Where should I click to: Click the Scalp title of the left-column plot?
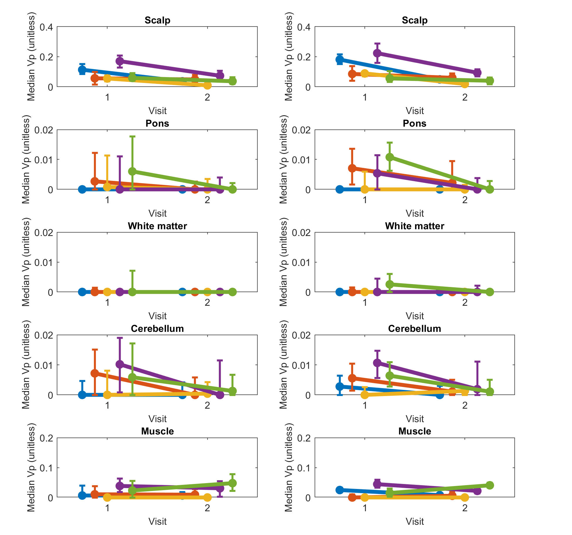(x=157, y=20)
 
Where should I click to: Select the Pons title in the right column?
(x=414, y=123)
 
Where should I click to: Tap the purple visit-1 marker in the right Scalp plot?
(x=377, y=53)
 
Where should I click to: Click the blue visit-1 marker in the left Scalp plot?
(x=82, y=70)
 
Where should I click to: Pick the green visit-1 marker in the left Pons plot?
(x=132, y=171)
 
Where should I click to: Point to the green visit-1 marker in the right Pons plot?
(x=390, y=157)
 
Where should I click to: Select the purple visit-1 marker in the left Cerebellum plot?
(x=120, y=364)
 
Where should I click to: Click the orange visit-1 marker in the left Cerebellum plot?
(x=95, y=373)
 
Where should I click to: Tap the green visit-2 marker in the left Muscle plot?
(x=232, y=483)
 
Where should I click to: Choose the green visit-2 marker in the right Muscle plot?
(x=490, y=485)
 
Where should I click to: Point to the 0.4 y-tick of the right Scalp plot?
(x=304, y=27)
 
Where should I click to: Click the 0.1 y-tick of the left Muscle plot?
(x=46, y=468)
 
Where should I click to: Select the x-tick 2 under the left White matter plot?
(x=207, y=303)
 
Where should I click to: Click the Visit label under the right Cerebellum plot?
(x=414, y=419)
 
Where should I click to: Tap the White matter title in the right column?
(x=414, y=226)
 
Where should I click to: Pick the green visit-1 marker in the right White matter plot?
(x=390, y=284)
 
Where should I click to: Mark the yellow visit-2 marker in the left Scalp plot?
(x=207, y=85)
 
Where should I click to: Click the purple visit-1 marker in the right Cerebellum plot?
(x=377, y=363)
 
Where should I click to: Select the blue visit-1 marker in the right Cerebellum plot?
(x=340, y=386)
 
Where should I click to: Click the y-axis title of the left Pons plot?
(x=26, y=159)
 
